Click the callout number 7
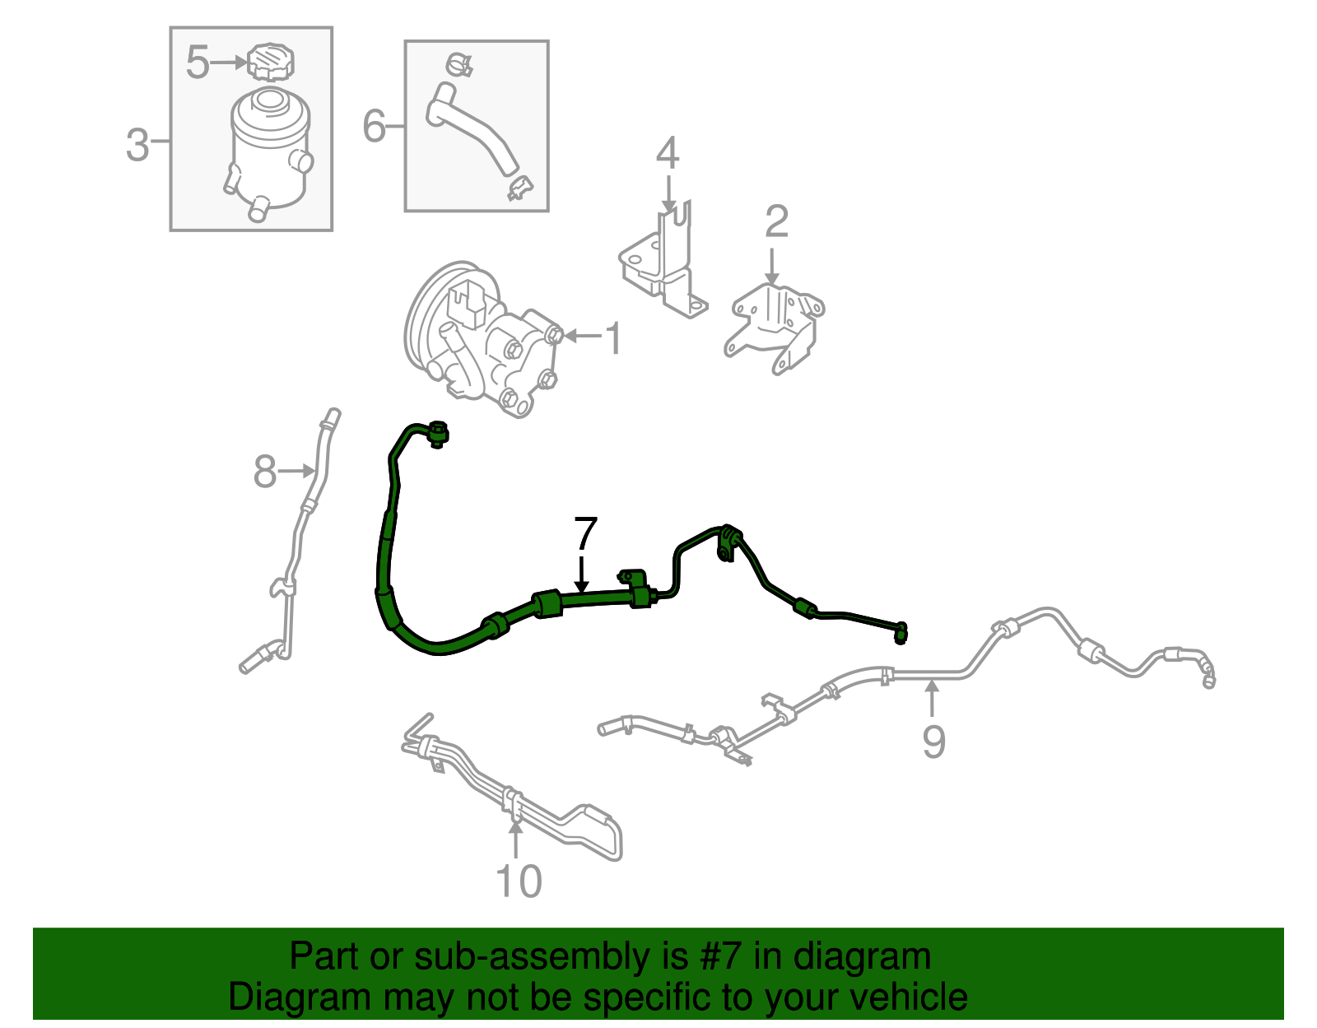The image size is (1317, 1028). point(585,533)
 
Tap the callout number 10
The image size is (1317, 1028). point(519,881)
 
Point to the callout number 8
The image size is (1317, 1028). point(265,472)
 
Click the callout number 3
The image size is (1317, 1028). point(137,146)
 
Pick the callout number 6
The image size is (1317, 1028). point(374,126)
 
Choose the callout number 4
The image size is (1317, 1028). point(668,152)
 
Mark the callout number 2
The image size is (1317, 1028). point(776,221)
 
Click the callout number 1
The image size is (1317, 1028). point(614,338)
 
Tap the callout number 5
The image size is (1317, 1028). point(198,62)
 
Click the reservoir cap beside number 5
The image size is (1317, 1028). point(270,62)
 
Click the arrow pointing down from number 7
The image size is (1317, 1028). point(581,573)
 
